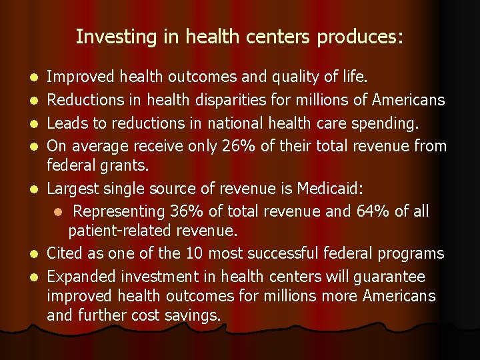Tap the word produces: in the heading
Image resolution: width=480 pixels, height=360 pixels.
(x=360, y=37)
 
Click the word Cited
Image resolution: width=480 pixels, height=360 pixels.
(x=65, y=253)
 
